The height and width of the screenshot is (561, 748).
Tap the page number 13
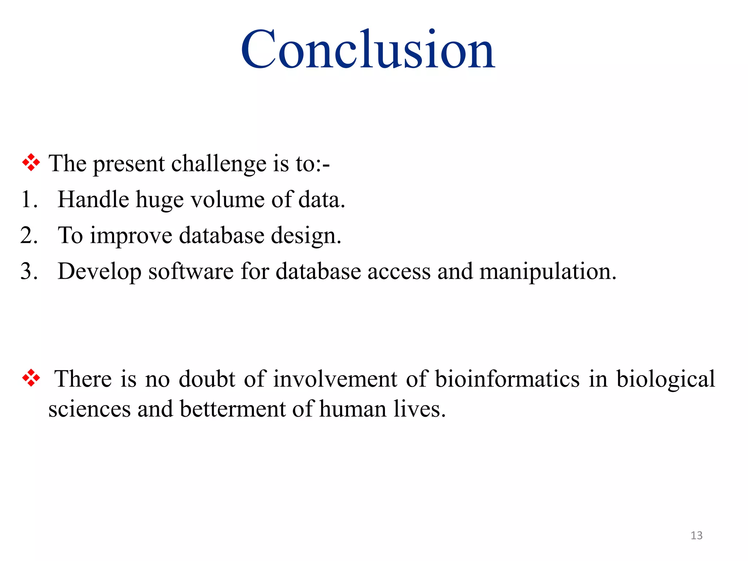coord(697,535)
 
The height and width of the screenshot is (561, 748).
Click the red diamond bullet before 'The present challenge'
coord(31,163)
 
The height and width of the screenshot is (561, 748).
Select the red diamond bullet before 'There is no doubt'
coord(31,378)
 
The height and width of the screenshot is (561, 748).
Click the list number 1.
coord(28,200)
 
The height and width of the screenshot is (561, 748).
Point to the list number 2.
coord(28,236)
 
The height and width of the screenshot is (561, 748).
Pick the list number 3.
coord(28,272)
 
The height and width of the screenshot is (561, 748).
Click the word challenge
coord(219,164)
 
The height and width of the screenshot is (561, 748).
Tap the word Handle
coord(93,200)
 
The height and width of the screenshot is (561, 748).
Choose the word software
coord(191,272)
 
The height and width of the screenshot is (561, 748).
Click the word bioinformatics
coord(507,379)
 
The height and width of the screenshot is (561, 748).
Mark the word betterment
coord(232,409)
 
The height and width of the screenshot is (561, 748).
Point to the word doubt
coord(207,378)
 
